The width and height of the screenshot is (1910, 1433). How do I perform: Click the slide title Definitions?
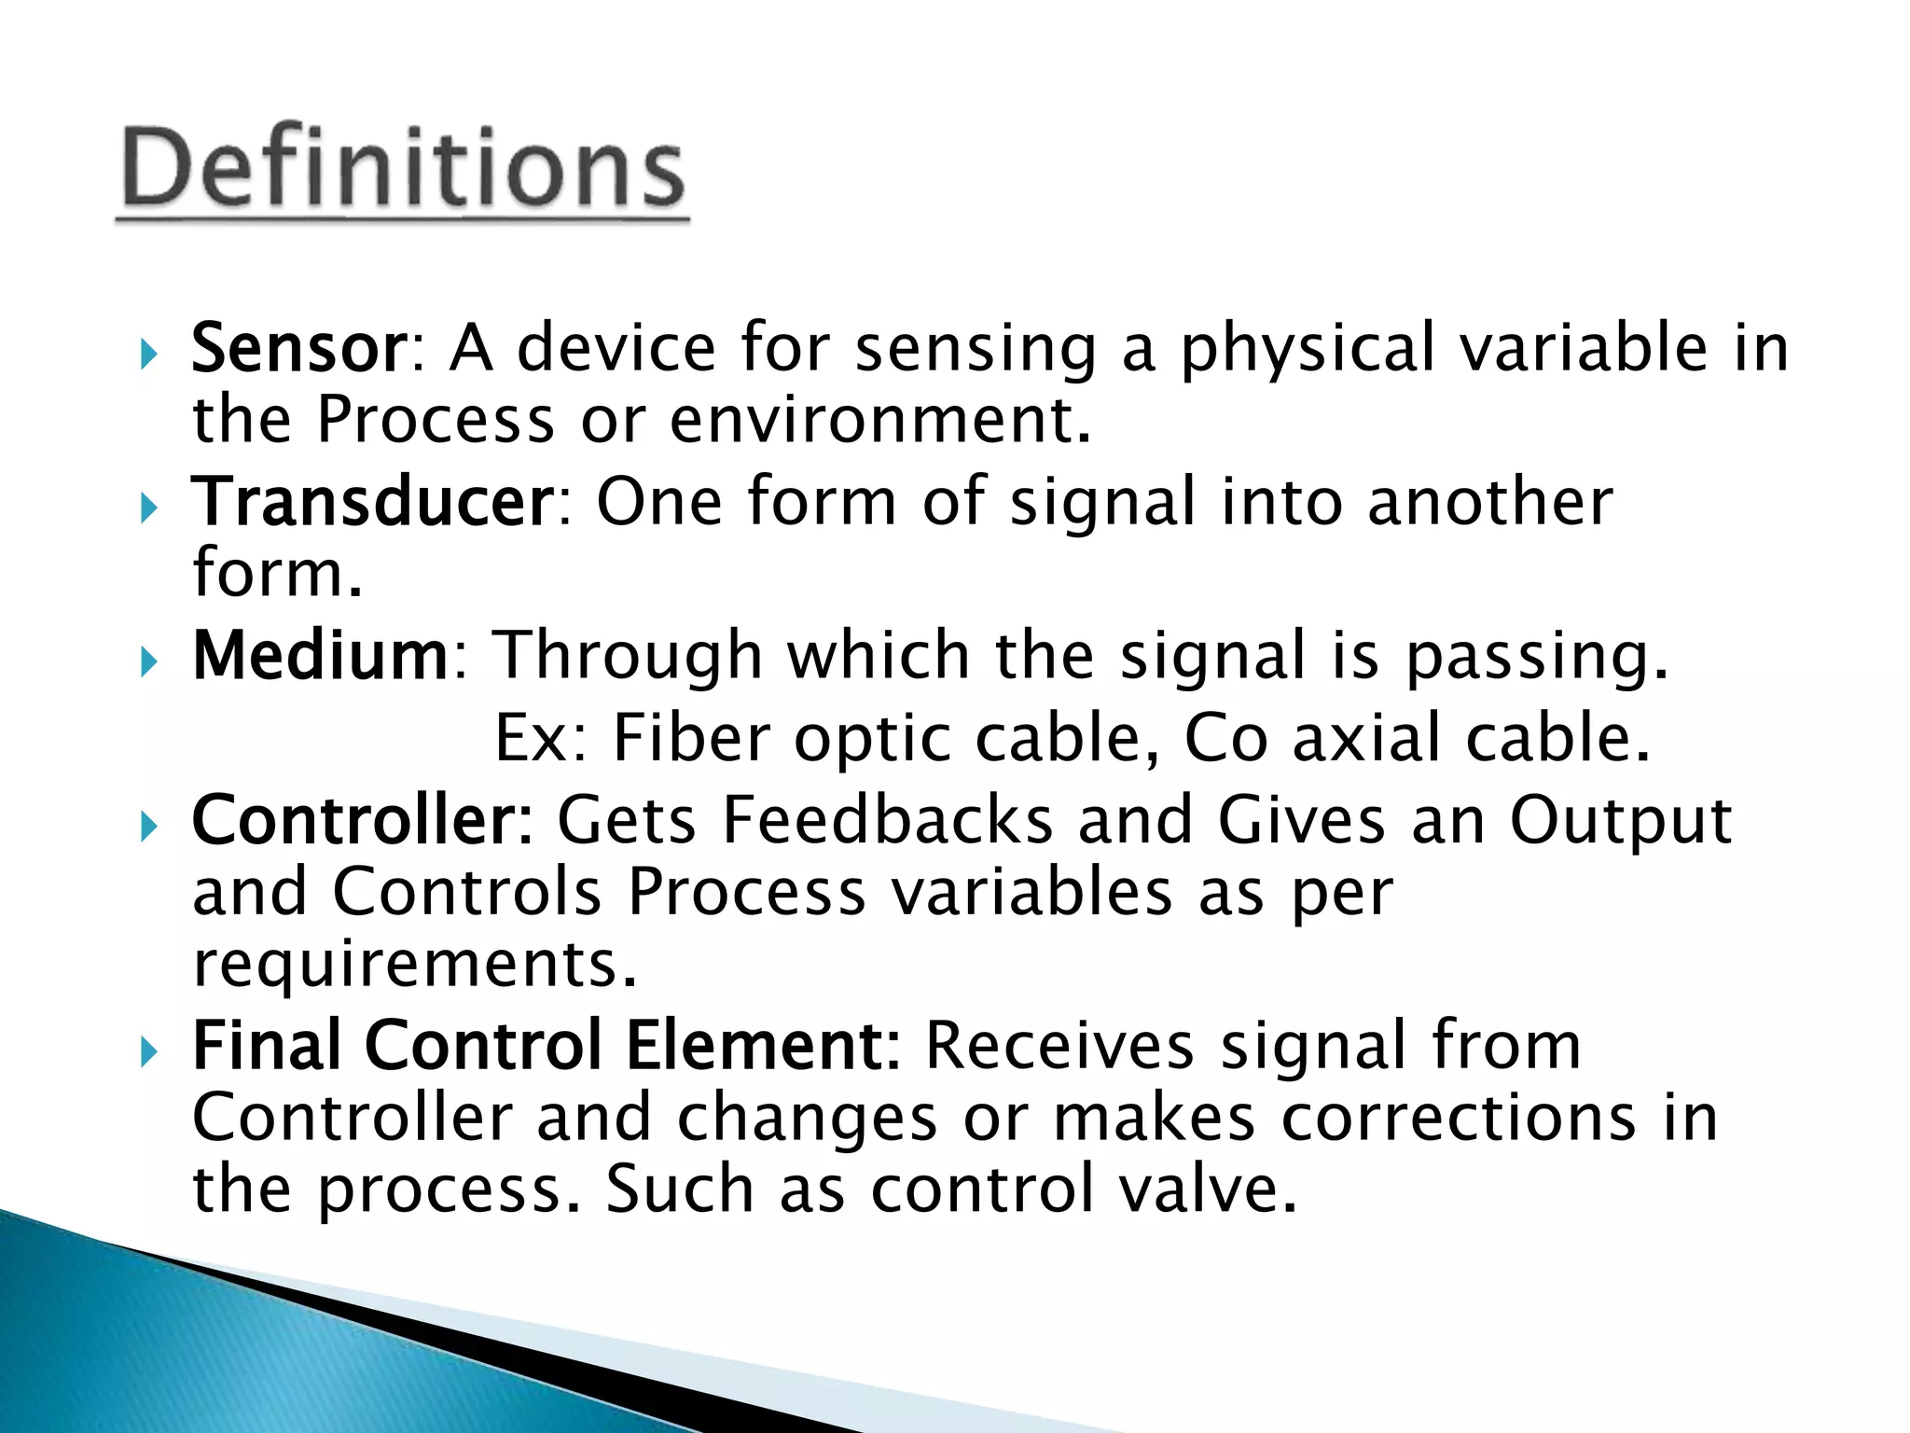[x=403, y=168]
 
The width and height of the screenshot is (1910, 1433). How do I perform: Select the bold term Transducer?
[x=373, y=502]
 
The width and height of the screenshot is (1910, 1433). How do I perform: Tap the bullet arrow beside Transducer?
[x=148, y=508]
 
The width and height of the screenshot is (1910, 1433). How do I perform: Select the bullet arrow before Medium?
[x=148, y=662]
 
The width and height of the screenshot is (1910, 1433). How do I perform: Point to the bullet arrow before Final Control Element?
[x=148, y=1052]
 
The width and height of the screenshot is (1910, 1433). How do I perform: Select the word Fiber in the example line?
[x=691, y=738]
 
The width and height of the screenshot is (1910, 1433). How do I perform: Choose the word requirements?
[x=414, y=965]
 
